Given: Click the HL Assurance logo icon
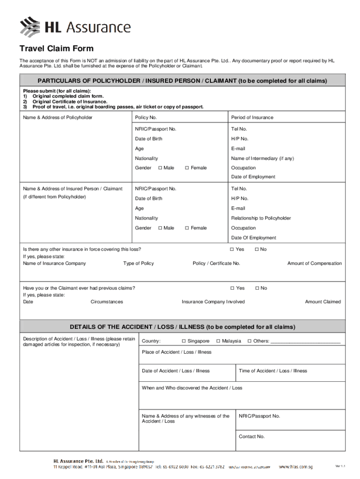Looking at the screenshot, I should (x=30, y=26).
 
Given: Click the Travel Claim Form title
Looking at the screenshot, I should (x=56, y=49).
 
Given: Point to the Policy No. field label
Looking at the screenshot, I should (x=146, y=117).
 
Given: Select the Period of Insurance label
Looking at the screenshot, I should (x=252, y=117).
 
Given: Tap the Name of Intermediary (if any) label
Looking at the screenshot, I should (x=262, y=159).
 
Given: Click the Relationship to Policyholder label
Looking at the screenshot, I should (x=261, y=218).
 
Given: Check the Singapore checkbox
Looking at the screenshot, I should (x=184, y=341).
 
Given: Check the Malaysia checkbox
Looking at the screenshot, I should (x=218, y=341).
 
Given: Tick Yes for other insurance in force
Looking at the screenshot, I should (x=232, y=249).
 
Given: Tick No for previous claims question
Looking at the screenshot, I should (x=257, y=288).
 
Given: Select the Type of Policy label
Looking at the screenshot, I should (x=138, y=263).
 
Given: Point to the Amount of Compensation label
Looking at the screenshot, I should (x=314, y=263).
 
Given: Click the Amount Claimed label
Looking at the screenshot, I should (x=323, y=302).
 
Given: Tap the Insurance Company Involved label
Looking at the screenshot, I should (x=213, y=302).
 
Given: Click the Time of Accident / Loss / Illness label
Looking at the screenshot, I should (x=273, y=371).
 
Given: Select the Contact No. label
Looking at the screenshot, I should (x=252, y=436).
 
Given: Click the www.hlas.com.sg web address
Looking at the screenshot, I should (x=295, y=467).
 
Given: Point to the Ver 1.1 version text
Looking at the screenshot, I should (x=340, y=466).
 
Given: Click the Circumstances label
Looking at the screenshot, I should (x=107, y=302).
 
